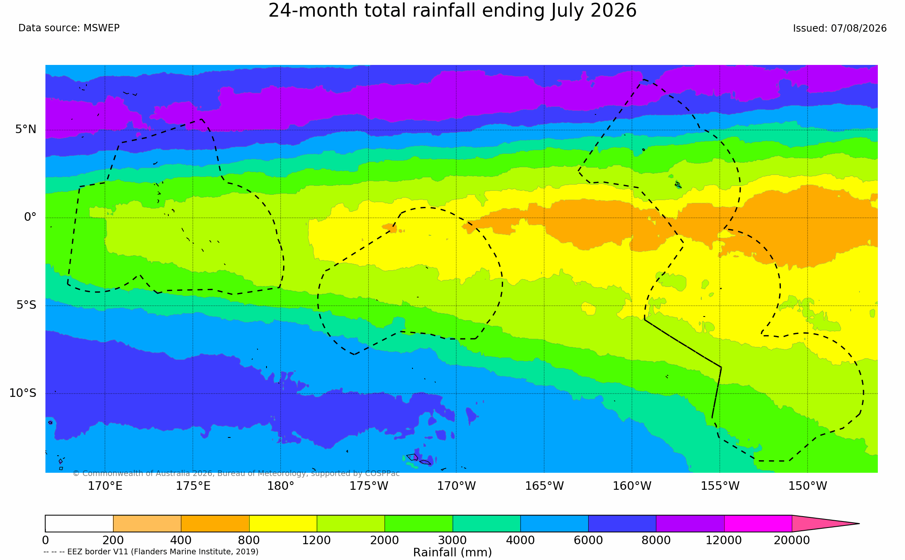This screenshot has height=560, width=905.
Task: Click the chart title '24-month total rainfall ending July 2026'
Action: pos(452,11)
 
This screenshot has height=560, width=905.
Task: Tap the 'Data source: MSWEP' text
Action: pos(69,28)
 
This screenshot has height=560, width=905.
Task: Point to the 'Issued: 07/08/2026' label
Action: pos(840,28)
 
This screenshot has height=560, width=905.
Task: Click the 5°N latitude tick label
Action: pos(26,129)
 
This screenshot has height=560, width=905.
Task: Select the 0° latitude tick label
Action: pos(30,217)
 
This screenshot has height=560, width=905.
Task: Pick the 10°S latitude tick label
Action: pos(23,393)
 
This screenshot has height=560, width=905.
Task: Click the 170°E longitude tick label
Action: pos(105,486)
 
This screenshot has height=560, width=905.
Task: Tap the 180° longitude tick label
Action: pos(281,486)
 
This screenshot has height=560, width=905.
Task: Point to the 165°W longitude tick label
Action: pos(544,486)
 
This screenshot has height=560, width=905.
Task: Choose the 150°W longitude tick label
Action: pos(808,486)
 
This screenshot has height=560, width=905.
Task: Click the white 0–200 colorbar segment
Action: pos(79,523)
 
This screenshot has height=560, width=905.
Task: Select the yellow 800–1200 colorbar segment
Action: pos(283,523)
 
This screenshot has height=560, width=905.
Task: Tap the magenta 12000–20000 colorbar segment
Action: pos(758,523)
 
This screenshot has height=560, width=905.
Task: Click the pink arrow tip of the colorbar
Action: pos(859,523)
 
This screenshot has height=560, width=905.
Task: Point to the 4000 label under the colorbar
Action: pos(520,540)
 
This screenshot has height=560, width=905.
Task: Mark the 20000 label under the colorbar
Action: pos(792,540)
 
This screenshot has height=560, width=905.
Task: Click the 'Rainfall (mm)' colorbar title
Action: pos(452,552)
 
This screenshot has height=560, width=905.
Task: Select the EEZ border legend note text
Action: pos(151,551)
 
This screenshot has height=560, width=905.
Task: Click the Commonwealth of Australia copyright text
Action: pos(236,474)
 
